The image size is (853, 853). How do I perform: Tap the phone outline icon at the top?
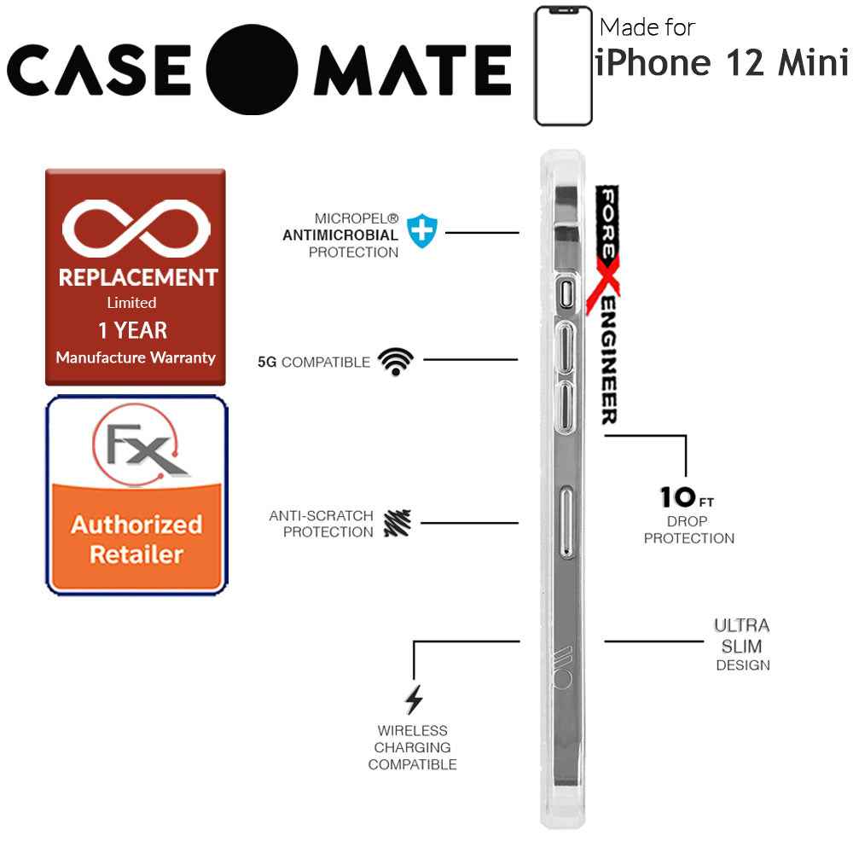coord(563,66)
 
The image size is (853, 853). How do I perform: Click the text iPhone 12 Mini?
coord(721,63)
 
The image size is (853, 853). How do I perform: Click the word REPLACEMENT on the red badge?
coord(137,278)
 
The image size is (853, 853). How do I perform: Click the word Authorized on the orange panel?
coord(136,524)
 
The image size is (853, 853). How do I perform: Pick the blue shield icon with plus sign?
coord(421,231)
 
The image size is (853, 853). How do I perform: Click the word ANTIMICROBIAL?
coord(340,235)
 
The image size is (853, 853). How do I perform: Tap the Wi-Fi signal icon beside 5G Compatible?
coord(395,362)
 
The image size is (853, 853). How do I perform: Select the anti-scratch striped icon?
coord(397,523)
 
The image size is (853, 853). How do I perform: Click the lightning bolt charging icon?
coord(414,699)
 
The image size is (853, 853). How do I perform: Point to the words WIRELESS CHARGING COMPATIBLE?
coord(412,747)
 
